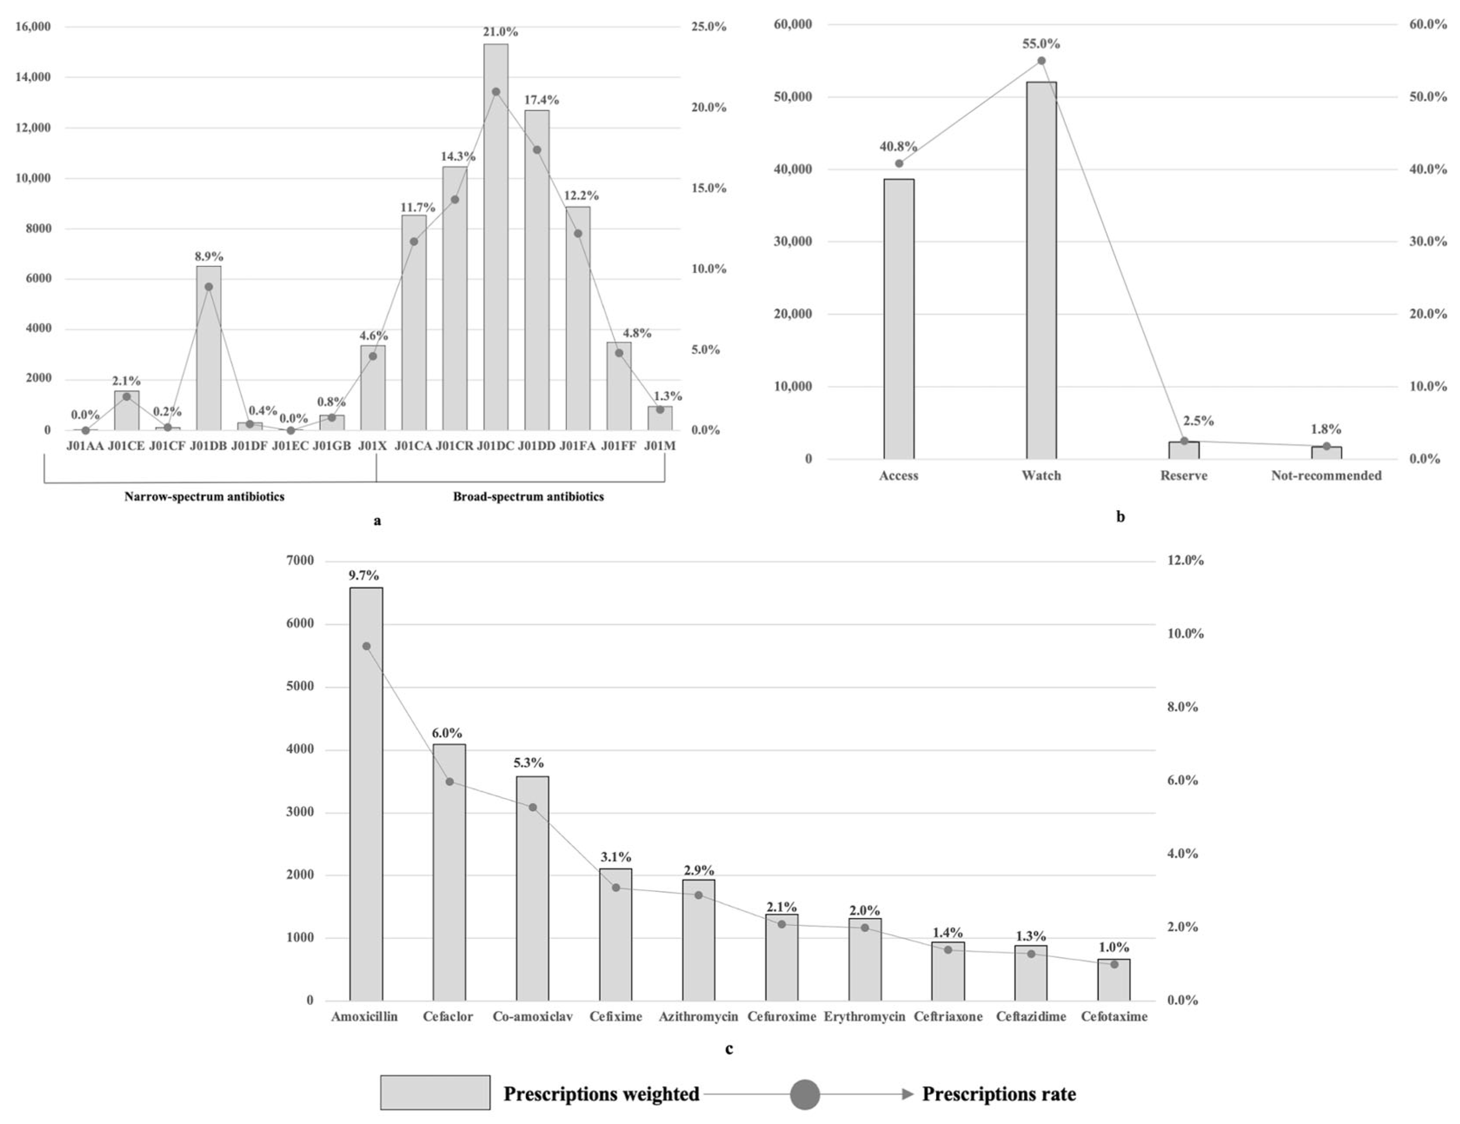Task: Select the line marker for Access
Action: pyautogui.click(x=899, y=163)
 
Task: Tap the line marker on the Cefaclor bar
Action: pyautogui.click(x=449, y=781)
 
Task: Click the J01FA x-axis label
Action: pyautogui.click(x=577, y=446)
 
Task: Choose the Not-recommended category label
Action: pyautogui.click(x=1326, y=476)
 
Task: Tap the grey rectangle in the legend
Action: pyautogui.click(x=435, y=1093)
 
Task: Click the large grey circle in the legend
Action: pyautogui.click(x=804, y=1094)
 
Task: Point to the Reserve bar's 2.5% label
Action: pyautogui.click(x=1198, y=421)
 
